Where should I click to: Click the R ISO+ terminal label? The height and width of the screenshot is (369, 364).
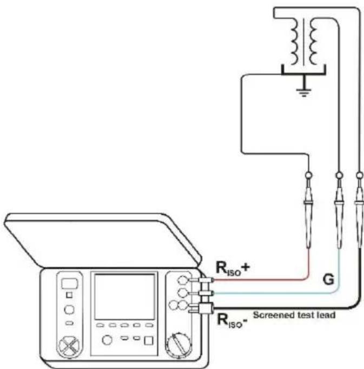[233, 268]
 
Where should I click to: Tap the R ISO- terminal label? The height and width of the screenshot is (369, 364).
[232, 320]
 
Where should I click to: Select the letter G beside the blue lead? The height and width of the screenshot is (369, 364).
[328, 279]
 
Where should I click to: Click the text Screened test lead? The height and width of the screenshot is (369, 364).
[294, 315]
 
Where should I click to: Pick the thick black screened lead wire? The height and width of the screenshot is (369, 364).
[353, 306]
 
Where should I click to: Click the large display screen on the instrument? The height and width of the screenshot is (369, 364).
[124, 296]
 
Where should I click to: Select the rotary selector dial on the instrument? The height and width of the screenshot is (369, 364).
[178, 345]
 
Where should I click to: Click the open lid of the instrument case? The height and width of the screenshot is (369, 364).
[103, 240]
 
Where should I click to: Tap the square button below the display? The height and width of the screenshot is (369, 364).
[149, 340]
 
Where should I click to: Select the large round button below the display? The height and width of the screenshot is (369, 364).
[107, 340]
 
